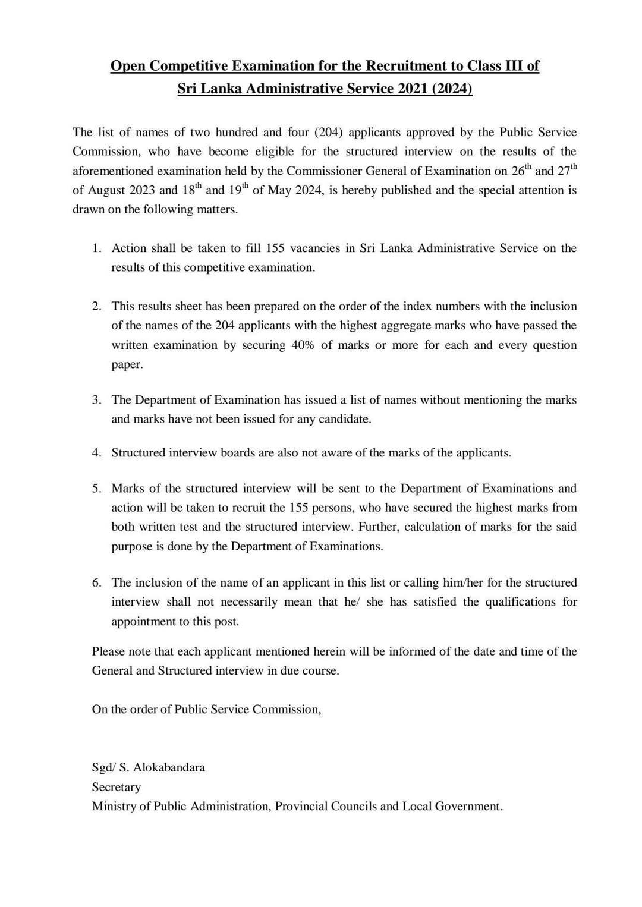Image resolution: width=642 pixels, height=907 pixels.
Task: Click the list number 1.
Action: [x=96, y=248]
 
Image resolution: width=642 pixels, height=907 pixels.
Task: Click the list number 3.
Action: [x=96, y=400]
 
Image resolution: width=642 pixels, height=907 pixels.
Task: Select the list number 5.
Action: [x=96, y=489]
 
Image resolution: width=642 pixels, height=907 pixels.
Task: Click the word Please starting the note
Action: [x=109, y=651]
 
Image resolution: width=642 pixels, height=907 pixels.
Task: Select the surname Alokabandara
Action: [x=169, y=767]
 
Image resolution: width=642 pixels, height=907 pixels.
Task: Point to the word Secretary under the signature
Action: [x=117, y=787]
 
